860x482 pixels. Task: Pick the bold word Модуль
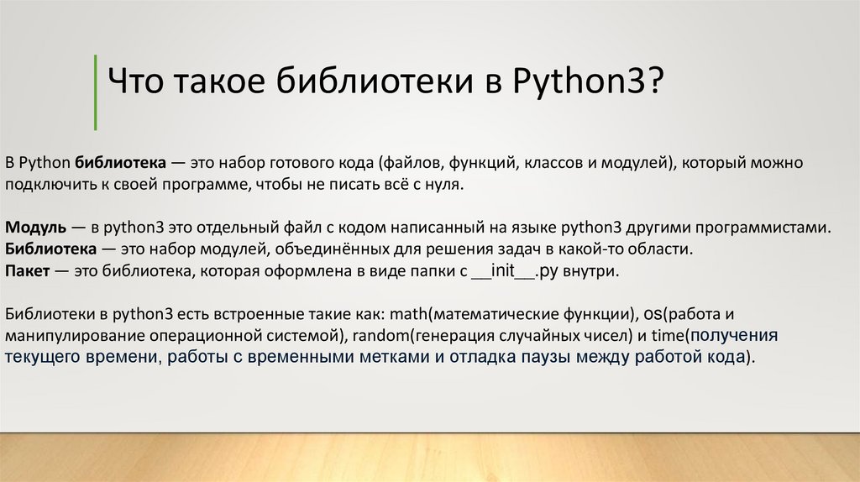(x=31, y=227)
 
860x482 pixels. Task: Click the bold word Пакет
(x=26, y=271)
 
